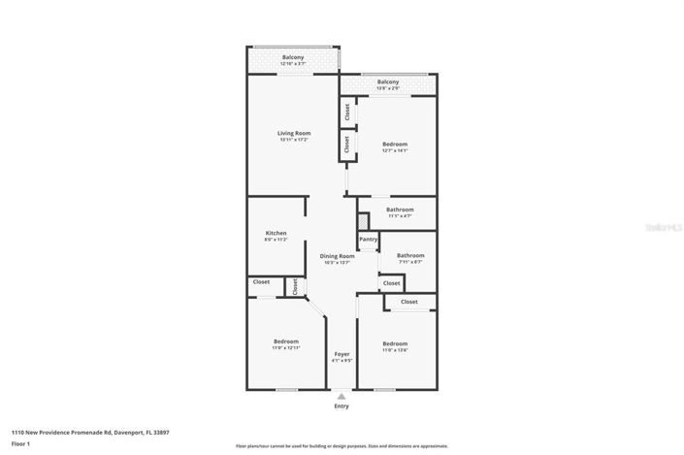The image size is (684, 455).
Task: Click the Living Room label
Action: click(294, 133)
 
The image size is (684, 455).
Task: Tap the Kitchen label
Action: click(277, 233)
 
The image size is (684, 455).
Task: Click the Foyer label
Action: click(342, 354)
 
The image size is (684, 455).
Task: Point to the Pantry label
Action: click(368, 240)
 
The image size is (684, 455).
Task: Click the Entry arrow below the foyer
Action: click(342, 396)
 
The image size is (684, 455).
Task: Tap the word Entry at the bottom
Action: click(342, 406)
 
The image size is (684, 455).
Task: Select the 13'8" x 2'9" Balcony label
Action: click(388, 82)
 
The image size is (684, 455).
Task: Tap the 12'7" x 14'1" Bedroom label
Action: click(395, 145)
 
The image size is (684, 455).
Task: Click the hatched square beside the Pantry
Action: click(364, 221)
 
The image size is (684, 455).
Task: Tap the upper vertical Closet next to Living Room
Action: click(346, 113)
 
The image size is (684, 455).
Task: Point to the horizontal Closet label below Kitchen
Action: click(262, 282)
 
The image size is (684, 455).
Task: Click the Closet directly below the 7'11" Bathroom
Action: click(391, 283)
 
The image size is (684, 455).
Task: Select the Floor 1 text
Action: click(21, 443)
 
